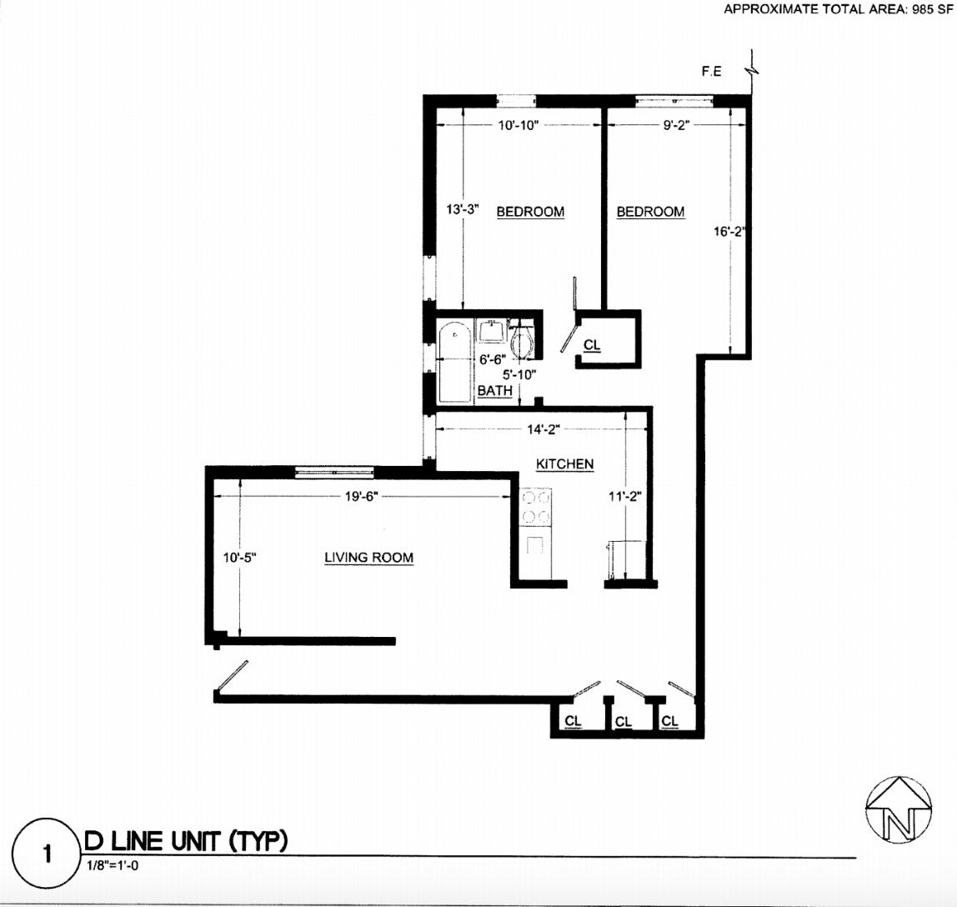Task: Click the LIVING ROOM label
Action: [368, 557]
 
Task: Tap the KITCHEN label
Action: [564, 464]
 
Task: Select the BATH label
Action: [494, 390]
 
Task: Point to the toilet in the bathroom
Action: [523, 339]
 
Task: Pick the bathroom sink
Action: [491, 331]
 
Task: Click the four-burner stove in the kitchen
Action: [535, 508]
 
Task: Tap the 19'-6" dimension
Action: [362, 496]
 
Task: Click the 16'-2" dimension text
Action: [728, 233]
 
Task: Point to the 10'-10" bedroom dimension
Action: [519, 125]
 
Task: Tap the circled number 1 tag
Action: [47, 854]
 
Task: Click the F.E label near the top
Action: [711, 73]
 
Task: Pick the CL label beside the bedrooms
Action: [592, 344]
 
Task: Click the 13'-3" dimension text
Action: [462, 210]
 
